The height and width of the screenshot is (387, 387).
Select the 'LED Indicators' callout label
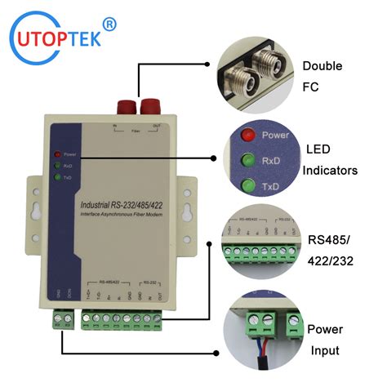(331, 160)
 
